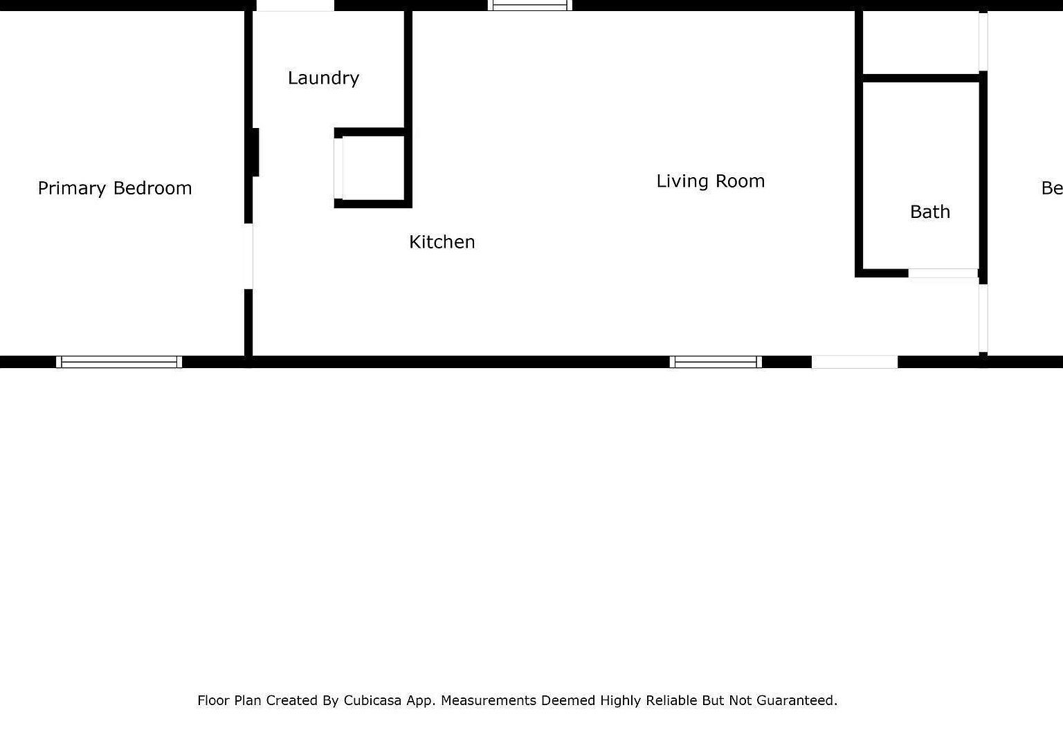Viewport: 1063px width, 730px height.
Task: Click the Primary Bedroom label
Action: coord(115,188)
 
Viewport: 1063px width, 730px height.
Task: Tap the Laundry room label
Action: coord(323,78)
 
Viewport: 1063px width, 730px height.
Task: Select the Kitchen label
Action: coord(442,242)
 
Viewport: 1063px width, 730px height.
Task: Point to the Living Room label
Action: coord(710,181)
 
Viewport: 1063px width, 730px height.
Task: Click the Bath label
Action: coord(929,212)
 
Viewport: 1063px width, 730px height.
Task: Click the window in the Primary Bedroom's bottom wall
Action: coord(119,361)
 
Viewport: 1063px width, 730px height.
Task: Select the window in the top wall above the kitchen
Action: coord(530,6)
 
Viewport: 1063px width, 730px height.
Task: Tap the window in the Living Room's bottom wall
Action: coord(716,361)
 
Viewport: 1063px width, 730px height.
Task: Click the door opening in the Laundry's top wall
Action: coord(296,6)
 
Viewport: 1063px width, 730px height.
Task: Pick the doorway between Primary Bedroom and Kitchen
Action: coord(248,256)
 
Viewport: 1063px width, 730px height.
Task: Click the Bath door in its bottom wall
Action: coord(943,273)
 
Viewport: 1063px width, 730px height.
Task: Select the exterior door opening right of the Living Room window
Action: coord(854,361)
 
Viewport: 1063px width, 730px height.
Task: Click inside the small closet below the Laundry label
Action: coord(373,168)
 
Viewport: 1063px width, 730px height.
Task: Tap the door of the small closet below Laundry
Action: coord(338,168)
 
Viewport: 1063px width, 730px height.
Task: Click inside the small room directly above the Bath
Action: coord(920,42)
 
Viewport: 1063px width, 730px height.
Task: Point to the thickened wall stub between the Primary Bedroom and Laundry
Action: coord(255,152)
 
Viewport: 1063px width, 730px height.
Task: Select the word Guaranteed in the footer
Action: coord(797,700)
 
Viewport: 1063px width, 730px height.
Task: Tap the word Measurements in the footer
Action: coord(488,700)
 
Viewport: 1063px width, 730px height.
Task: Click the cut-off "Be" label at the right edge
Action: coord(1051,188)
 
